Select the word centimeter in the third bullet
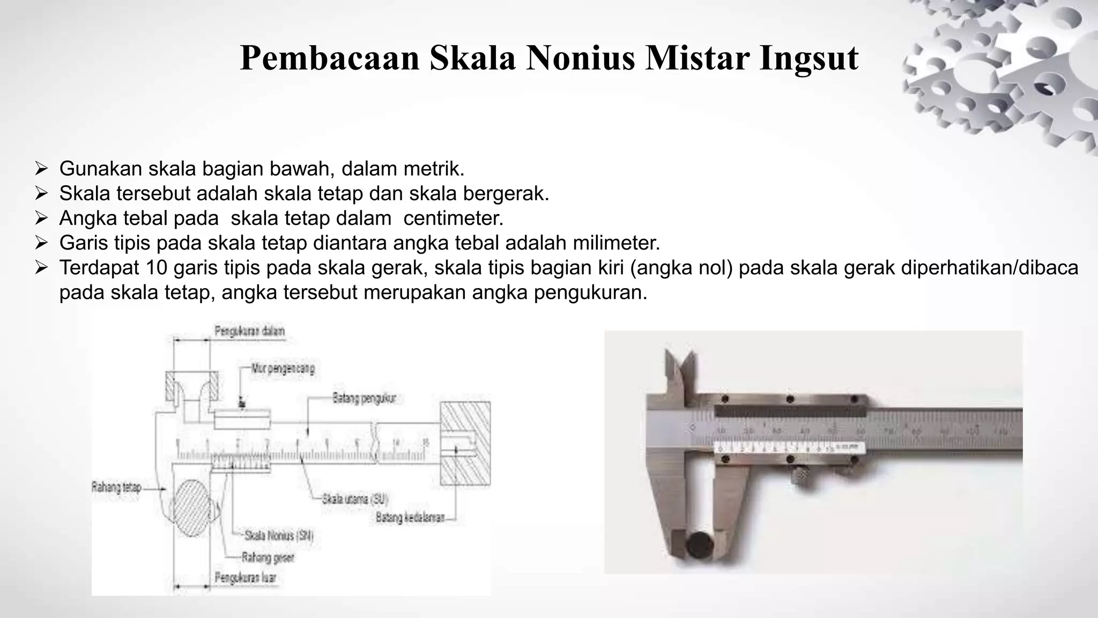pos(453,218)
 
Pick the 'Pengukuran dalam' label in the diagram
pos(249,331)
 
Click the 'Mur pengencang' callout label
pos(283,369)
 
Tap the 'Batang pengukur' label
pos(364,398)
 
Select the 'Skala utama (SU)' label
pos(355,499)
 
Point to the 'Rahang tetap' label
pos(116,487)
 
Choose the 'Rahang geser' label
pos(268,557)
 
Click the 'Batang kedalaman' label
pos(410,518)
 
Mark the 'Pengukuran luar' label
pos(246,578)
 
